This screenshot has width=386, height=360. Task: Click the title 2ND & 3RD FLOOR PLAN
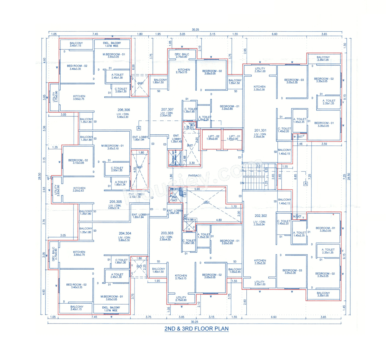click(196, 329)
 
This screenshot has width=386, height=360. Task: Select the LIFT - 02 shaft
click(213, 139)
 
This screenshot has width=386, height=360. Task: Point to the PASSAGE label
click(195, 176)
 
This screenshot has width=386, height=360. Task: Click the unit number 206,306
click(124, 110)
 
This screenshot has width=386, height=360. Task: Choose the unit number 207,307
click(167, 109)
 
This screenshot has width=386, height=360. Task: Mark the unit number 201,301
click(260, 130)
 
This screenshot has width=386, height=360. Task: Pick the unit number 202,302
click(261, 216)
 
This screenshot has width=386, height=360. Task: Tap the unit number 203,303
click(167, 233)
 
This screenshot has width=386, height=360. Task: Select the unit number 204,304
click(125, 233)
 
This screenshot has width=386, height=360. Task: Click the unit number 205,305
click(115, 202)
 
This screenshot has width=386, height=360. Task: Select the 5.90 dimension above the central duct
click(197, 189)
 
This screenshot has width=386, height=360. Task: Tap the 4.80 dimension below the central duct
click(219, 220)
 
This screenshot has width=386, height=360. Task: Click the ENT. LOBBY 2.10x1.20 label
click(137, 196)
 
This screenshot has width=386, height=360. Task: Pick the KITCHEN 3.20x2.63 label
click(79, 189)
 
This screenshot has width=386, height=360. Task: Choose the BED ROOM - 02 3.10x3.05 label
click(78, 161)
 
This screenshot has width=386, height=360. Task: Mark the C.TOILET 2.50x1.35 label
click(117, 169)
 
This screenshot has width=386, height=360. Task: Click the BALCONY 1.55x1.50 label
click(235, 82)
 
